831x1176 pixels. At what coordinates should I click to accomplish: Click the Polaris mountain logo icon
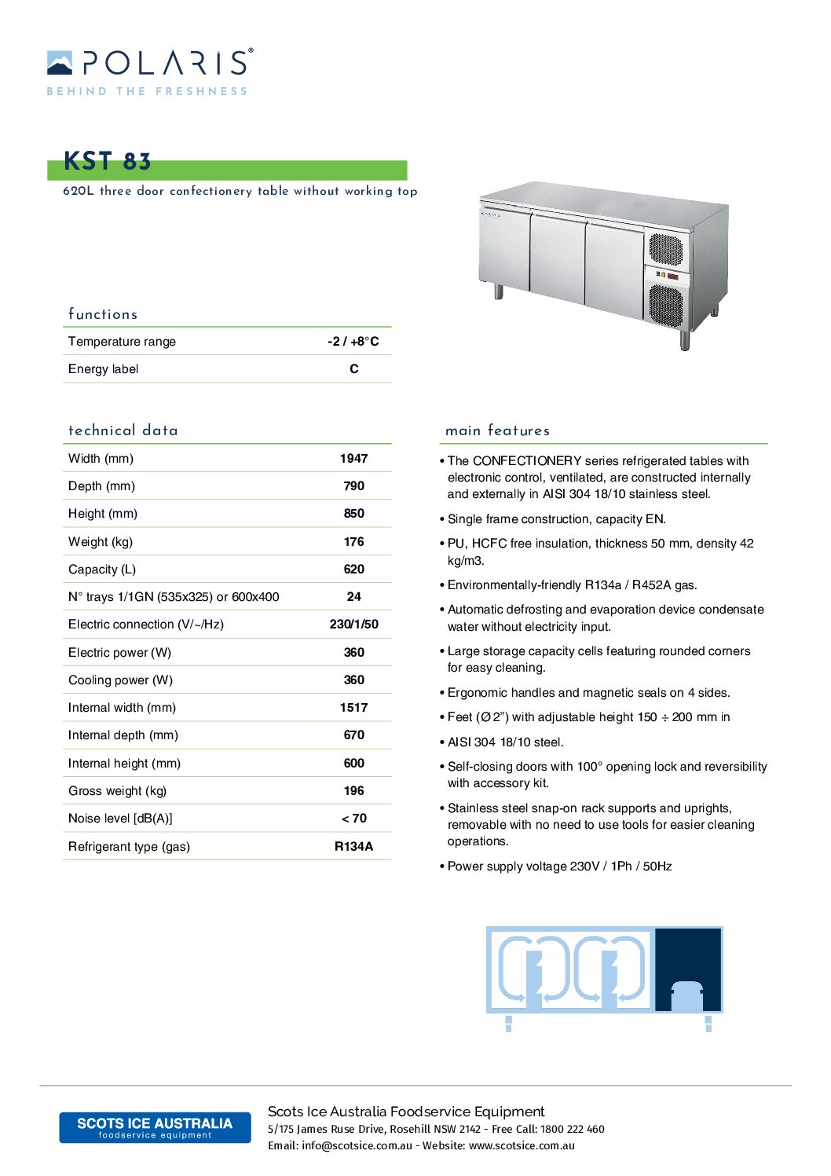tap(60, 63)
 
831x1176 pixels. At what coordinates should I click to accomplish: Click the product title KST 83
tap(107, 161)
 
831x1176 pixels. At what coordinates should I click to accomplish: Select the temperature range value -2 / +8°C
tap(353, 341)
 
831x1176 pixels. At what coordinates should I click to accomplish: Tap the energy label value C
tap(354, 368)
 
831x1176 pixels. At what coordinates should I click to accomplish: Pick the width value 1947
tap(353, 458)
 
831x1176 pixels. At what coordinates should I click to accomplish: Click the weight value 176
tap(353, 541)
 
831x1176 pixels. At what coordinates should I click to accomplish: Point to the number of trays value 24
tap(354, 596)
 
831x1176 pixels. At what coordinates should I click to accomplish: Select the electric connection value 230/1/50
tap(353, 624)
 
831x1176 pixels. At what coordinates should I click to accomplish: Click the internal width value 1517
tap(353, 707)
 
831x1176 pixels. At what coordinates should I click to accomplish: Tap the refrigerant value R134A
tap(353, 846)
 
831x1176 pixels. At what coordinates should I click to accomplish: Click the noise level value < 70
tap(353, 818)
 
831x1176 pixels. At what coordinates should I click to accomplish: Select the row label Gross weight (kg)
tap(117, 790)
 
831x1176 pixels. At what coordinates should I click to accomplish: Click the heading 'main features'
tap(497, 430)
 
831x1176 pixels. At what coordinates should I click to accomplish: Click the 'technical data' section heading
tap(123, 430)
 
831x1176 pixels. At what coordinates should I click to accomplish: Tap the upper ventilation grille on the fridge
tap(665, 249)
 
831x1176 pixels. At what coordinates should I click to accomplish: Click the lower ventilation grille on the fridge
tap(666, 306)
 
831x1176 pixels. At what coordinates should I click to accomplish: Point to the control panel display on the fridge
tap(667, 276)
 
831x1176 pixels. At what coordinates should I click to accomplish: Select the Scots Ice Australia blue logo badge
tap(155, 1127)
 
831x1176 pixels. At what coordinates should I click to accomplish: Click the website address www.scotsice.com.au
tap(522, 1145)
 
